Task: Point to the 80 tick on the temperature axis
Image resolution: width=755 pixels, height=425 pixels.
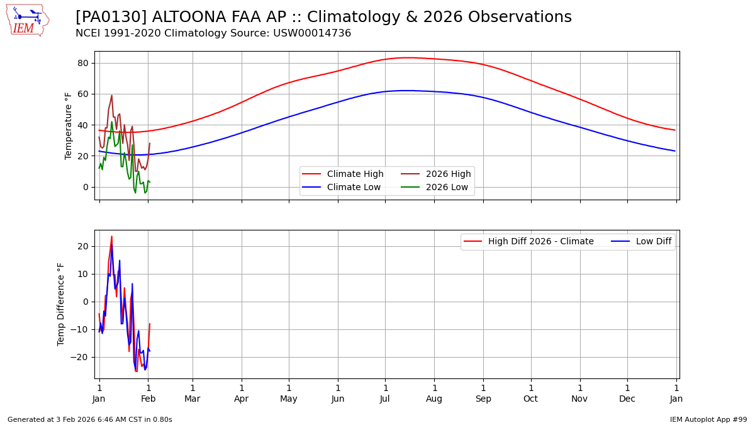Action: click(x=82, y=63)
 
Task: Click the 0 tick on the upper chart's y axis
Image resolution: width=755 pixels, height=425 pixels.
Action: click(x=85, y=187)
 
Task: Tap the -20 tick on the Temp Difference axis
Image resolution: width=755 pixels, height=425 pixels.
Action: click(x=80, y=357)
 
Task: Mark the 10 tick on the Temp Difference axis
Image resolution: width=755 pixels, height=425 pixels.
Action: click(x=82, y=274)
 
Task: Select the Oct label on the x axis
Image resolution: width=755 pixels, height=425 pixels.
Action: click(x=531, y=399)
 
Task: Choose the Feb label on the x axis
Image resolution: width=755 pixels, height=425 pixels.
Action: click(x=148, y=399)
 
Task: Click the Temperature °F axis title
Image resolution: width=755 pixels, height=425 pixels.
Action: click(x=69, y=125)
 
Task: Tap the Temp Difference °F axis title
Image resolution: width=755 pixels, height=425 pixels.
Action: click(x=61, y=304)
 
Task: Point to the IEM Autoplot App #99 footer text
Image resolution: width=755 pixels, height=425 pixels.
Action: click(x=708, y=419)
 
